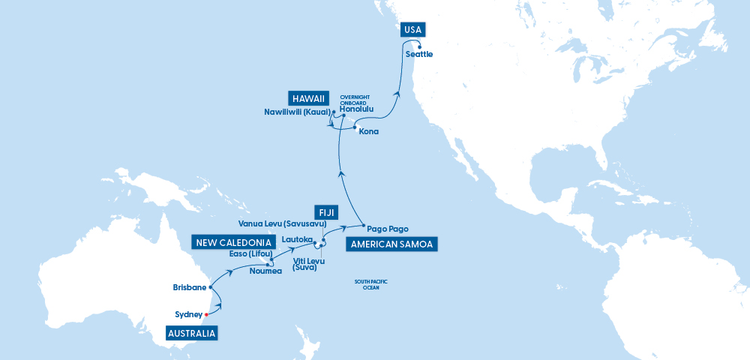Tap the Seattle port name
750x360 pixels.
tap(418, 55)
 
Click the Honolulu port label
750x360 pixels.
tap(356, 109)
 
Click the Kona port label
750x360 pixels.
tap(368, 132)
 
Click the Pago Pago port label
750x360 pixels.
tap(388, 229)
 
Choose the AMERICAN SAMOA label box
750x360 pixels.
tap(391, 244)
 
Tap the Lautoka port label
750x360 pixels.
tap(296, 239)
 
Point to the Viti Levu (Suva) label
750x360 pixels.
tap(304, 264)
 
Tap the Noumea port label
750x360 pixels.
tap(266, 271)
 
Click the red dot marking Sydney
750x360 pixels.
tap(206, 315)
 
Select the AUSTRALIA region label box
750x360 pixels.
tap(192, 333)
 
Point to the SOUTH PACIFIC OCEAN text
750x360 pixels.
tap(370, 284)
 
